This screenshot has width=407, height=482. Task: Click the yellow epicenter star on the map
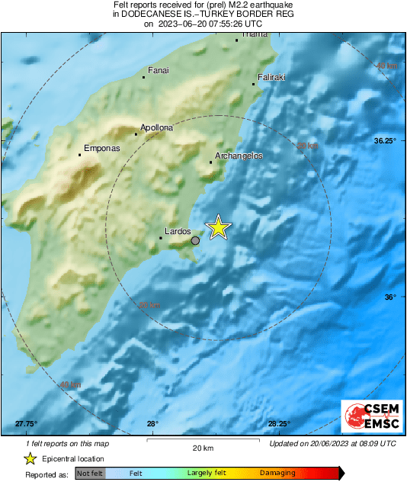(219, 227)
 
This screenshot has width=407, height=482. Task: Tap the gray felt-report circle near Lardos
(195, 240)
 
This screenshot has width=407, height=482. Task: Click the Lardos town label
(176, 230)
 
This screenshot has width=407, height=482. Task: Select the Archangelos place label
(239, 156)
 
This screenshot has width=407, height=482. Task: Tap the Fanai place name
(158, 71)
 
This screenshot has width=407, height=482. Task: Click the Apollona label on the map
(156, 128)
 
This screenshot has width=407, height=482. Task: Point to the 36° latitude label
(390, 297)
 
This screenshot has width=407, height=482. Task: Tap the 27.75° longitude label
(26, 424)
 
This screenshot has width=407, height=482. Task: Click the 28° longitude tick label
(152, 424)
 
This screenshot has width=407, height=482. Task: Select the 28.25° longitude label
(279, 424)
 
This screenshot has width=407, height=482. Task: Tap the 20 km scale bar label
(202, 448)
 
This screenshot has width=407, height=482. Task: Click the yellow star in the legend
(30, 459)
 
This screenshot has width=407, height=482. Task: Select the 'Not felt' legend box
(90, 474)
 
